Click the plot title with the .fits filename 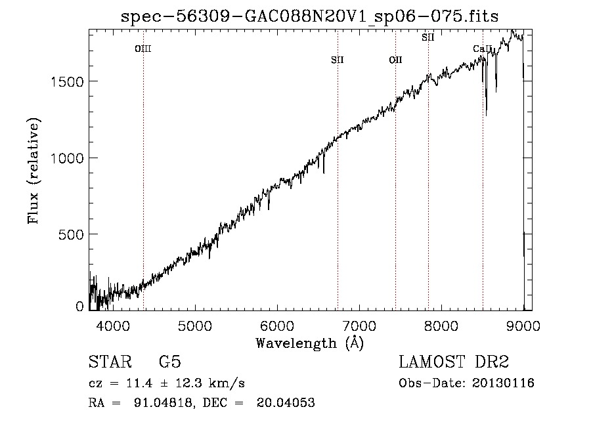click(x=309, y=16)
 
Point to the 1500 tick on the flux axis click(x=67, y=81)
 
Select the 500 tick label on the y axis click(x=70, y=234)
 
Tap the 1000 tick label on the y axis click(x=67, y=158)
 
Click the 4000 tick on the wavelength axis click(x=113, y=326)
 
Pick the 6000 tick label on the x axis click(x=277, y=326)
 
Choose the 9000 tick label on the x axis click(x=523, y=326)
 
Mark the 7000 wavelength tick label click(x=359, y=326)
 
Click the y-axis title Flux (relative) click(x=33, y=171)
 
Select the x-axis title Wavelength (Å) click(x=310, y=343)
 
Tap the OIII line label click(x=143, y=49)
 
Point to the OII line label click(x=396, y=60)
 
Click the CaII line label click(x=483, y=49)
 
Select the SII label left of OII click(x=338, y=60)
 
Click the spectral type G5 click(x=170, y=362)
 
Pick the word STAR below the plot click(x=110, y=362)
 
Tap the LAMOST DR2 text click(x=454, y=362)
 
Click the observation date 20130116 click(x=503, y=383)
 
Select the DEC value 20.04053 click(x=286, y=402)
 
